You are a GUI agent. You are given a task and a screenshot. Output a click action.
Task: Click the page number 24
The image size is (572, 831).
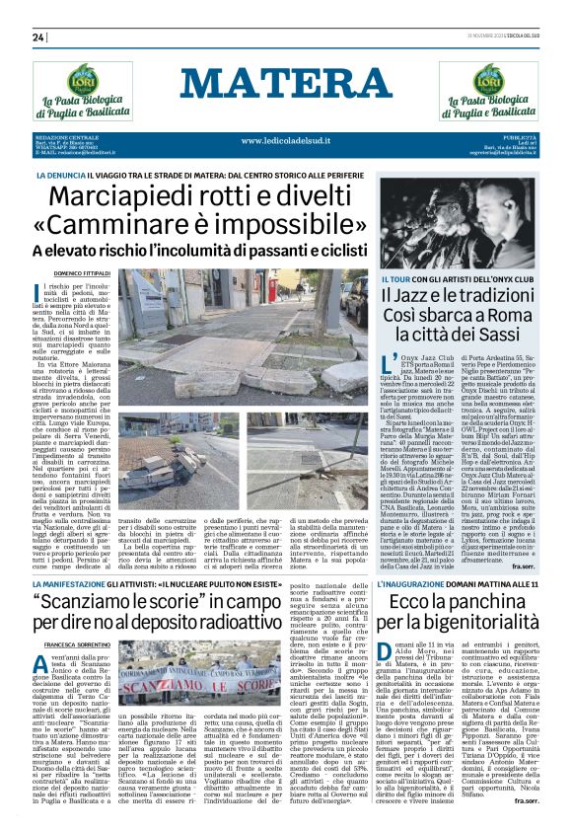[39, 38]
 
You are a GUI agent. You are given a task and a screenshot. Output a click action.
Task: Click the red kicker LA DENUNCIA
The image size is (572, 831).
[59, 174]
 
